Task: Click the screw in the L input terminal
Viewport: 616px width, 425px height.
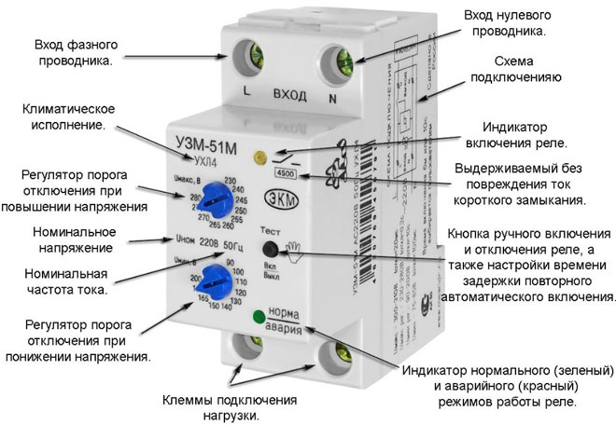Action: (251, 56)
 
